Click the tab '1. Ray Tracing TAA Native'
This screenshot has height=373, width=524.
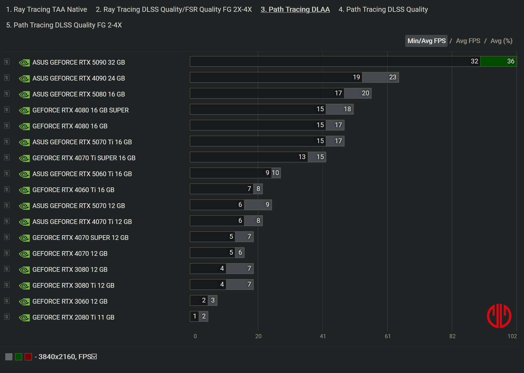pyautogui.click(x=47, y=9)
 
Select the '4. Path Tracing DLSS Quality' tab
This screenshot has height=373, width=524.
pyautogui.click(x=383, y=9)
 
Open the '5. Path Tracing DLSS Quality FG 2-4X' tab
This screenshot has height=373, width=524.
pyautogui.click(x=64, y=25)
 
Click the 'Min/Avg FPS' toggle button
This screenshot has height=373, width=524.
pyautogui.click(x=426, y=41)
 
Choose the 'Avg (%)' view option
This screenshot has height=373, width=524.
pyautogui.click(x=501, y=41)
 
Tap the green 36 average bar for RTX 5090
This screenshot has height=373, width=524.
pyautogui.click(x=498, y=61)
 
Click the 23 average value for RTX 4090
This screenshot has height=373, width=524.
pyautogui.click(x=392, y=77)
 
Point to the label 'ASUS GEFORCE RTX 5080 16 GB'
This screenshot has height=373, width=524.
pyautogui.click(x=78, y=94)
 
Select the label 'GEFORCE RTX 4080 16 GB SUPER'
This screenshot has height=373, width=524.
pyautogui.click(x=81, y=110)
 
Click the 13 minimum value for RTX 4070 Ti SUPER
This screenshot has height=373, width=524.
pyautogui.click(x=302, y=157)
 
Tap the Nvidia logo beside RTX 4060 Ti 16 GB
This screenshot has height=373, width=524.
pyautogui.click(x=24, y=190)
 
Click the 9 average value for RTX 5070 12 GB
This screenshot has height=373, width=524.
pyautogui.click(x=267, y=205)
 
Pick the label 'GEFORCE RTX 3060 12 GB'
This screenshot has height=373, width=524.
pyautogui.click(x=70, y=302)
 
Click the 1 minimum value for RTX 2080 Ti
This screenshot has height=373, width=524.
pyautogui.click(x=195, y=316)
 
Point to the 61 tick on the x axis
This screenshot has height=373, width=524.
pyautogui.click(x=387, y=336)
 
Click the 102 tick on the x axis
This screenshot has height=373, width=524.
pyautogui.click(x=512, y=336)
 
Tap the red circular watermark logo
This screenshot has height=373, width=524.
pyautogui.click(x=499, y=316)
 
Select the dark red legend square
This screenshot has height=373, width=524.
pyautogui.click(x=28, y=357)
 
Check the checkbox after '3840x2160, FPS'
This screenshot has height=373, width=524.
pyautogui.click(x=94, y=356)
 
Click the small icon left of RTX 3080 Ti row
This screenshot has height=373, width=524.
pyautogui.click(x=7, y=285)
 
